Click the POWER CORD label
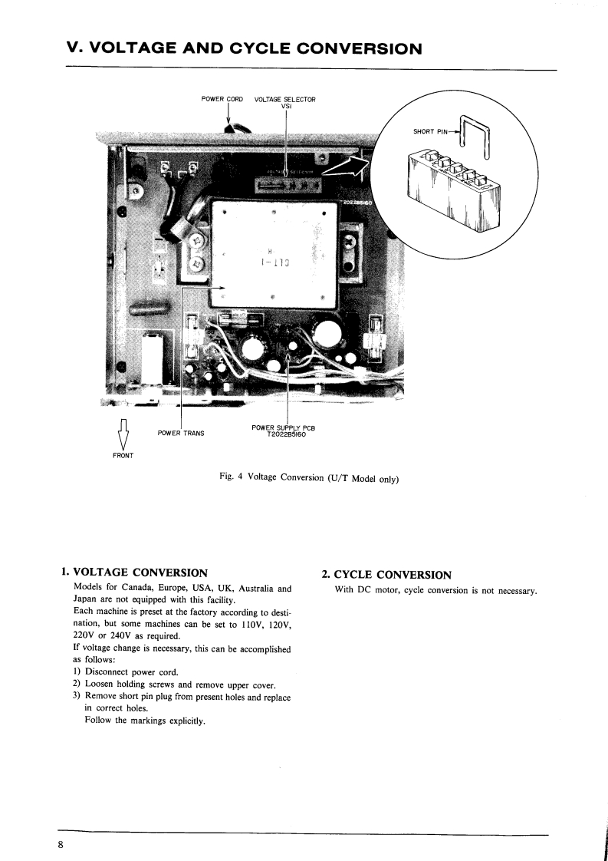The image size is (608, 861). [x=222, y=99]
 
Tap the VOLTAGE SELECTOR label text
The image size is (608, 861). [x=284, y=99]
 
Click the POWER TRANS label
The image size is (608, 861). [x=180, y=433]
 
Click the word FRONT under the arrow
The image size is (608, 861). [x=123, y=456]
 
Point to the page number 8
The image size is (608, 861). [x=60, y=845]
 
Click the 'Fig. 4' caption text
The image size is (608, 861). [x=230, y=477]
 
